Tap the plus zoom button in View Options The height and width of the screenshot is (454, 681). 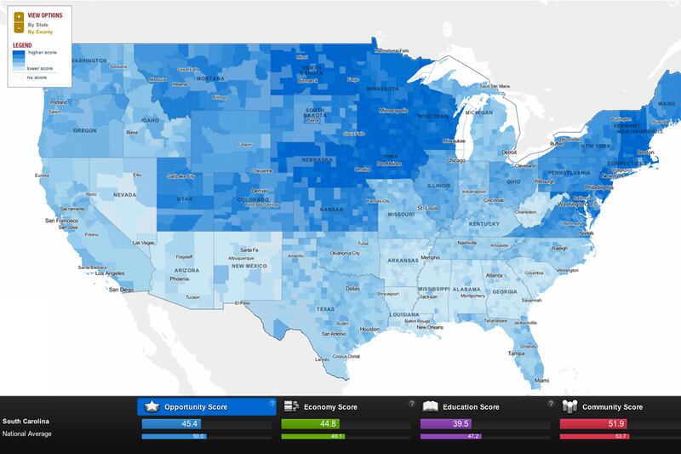click(x=19, y=16)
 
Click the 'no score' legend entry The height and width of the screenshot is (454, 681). click(x=37, y=78)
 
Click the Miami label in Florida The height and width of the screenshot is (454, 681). click(x=541, y=379)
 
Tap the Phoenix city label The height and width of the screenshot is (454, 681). click(x=180, y=279)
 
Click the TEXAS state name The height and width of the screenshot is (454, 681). click(x=327, y=308)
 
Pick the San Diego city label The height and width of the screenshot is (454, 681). click(x=121, y=290)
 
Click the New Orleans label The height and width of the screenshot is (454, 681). click(x=430, y=327)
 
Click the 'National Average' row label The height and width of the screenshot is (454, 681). click(x=27, y=434)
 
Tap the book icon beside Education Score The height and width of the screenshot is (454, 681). click(x=430, y=406)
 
